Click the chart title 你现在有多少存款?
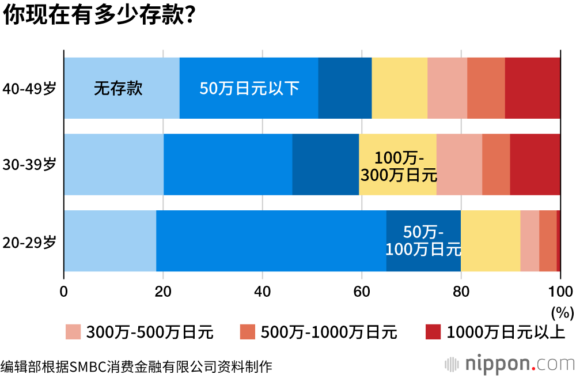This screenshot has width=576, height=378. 98,16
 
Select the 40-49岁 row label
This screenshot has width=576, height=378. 29,89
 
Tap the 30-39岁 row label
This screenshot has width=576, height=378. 29,164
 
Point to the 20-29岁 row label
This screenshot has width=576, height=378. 29,241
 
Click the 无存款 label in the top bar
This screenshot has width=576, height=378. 118,89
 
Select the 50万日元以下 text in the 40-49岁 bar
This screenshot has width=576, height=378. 249,89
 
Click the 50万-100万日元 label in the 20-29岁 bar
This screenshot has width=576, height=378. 423,241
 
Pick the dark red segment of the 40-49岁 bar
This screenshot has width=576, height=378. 532,88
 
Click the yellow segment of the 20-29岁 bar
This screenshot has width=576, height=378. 490,241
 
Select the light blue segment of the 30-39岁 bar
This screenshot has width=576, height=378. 113,164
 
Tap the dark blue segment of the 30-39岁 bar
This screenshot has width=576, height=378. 325,164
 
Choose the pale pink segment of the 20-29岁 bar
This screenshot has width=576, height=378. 529,241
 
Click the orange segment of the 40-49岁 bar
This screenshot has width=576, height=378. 486,88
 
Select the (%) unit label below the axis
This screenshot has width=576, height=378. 562,312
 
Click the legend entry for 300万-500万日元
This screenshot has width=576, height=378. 139,332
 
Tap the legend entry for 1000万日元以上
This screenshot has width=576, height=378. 495,332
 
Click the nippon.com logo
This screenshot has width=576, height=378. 510,364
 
